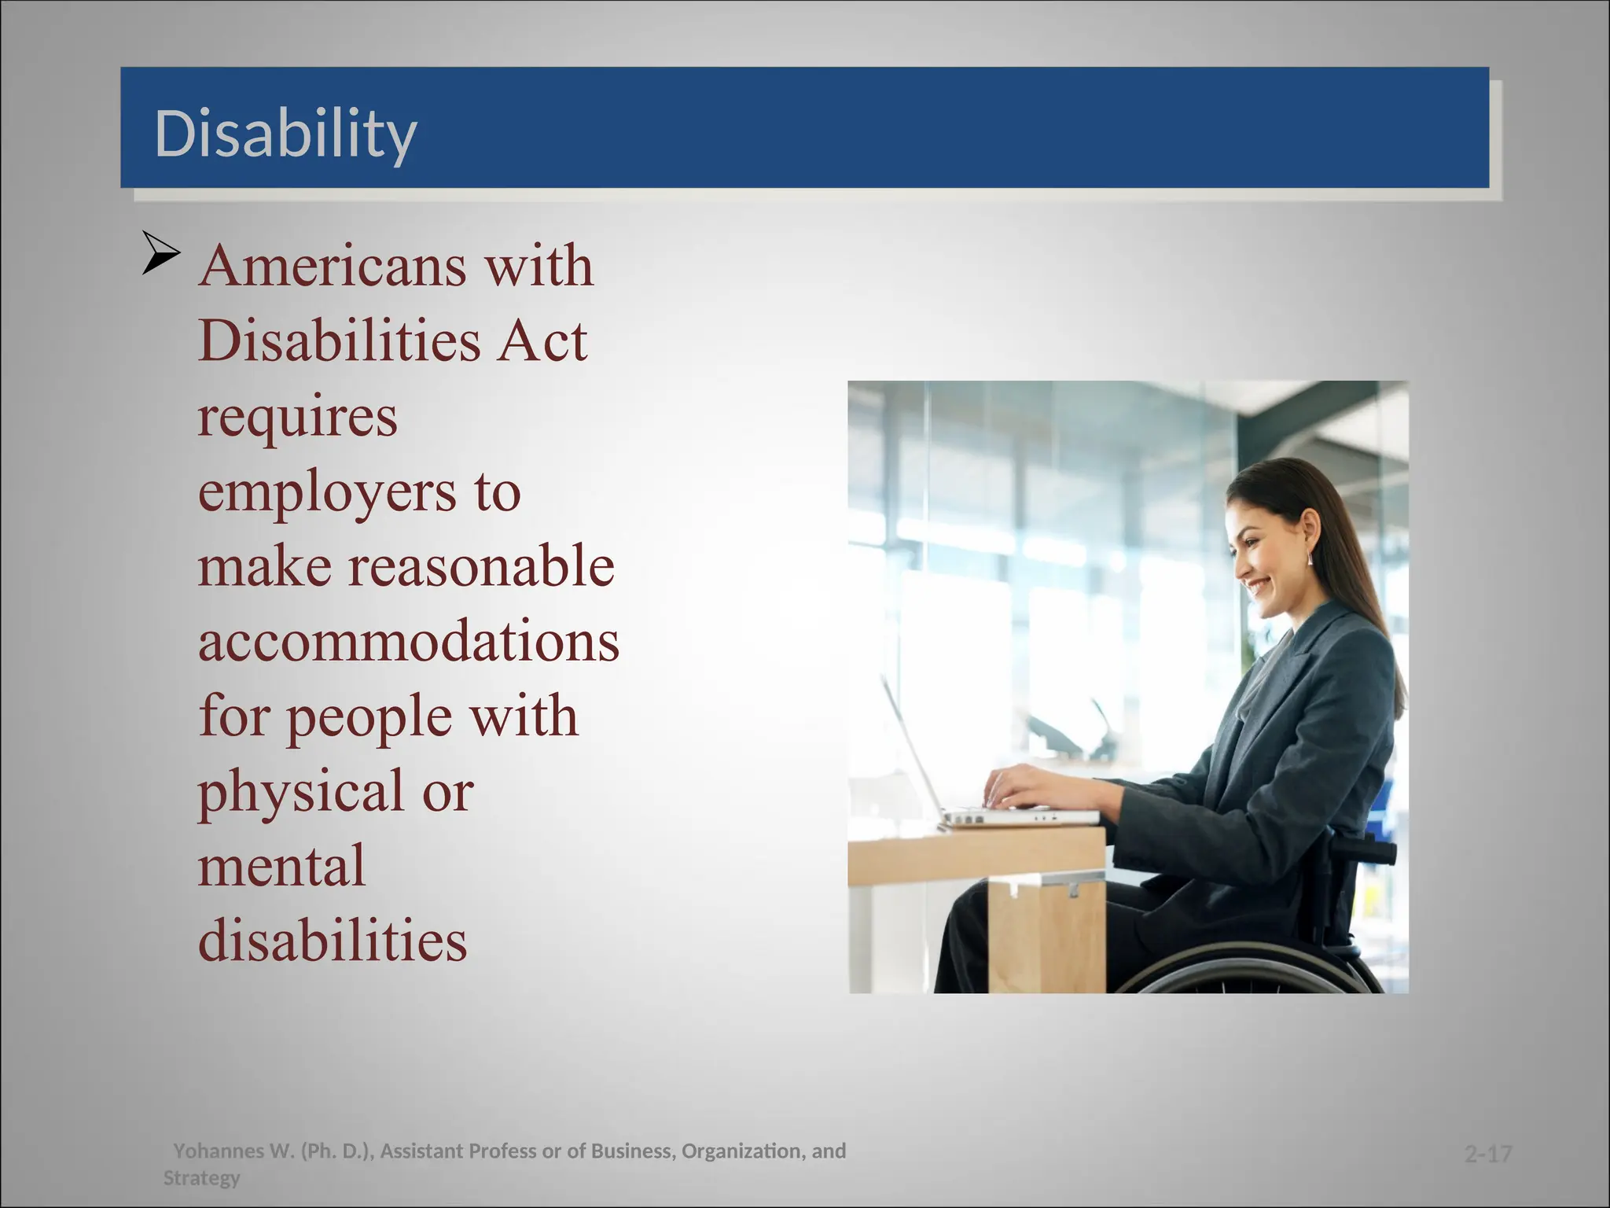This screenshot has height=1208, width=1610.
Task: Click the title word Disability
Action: pos(285,134)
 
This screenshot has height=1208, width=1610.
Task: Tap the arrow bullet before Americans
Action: pos(161,253)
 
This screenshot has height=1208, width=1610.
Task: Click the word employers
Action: pos(327,492)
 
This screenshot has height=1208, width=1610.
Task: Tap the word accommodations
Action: pos(408,641)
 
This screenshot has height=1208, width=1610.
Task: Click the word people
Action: pos(369,717)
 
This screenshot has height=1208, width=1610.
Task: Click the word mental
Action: pos(281,866)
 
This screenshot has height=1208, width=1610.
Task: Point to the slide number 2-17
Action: pos(1488,1154)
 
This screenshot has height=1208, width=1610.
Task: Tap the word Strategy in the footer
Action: pos(201,1178)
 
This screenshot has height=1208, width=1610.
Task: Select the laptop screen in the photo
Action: pos(912,747)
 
